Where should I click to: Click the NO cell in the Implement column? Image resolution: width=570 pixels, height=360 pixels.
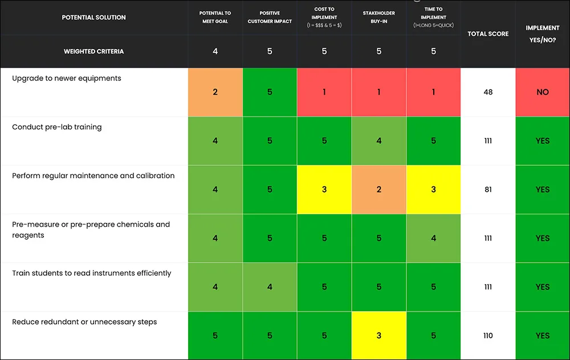[543, 92]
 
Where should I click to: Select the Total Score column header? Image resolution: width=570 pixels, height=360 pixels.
[488, 34]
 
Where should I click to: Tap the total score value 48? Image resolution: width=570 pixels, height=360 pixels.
[488, 92]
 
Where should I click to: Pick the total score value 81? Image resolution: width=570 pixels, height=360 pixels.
[488, 189]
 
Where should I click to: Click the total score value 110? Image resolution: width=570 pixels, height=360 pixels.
[488, 336]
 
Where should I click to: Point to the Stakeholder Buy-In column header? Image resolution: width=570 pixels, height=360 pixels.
[379, 17]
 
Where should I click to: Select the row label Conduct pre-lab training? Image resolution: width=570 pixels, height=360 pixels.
[56, 127]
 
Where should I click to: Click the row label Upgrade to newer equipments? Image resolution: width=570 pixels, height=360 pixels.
[67, 79]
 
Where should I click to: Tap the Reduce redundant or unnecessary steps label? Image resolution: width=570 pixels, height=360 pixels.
[84, 322]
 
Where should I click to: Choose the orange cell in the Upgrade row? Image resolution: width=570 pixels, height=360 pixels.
[215, 92]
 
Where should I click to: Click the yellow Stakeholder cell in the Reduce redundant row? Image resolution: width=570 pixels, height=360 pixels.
[379, 336]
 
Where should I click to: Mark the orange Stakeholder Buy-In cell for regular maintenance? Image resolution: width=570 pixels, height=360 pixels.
[379, 189]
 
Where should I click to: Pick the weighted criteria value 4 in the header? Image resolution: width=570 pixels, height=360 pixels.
[215, 51]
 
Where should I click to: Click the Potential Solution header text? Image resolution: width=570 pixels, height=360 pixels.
[94, 18]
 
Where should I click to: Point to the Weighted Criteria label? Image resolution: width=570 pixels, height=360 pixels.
[94, 52]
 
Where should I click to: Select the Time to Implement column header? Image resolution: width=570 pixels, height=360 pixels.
[433, 17]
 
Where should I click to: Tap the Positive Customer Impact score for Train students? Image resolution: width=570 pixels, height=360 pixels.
[270, 287]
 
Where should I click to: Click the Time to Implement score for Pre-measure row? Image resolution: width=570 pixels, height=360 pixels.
[433, 238]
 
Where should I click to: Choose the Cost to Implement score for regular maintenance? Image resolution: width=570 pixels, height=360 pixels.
[324, 189]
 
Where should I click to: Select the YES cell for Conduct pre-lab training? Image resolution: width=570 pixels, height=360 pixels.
[543, 141]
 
